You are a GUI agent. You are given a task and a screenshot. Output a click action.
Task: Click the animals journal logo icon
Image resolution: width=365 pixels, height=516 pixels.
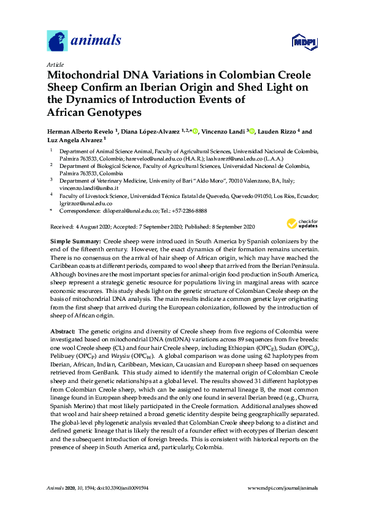(57, 41)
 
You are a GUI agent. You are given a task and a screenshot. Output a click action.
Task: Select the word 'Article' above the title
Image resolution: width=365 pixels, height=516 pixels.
(55, 64)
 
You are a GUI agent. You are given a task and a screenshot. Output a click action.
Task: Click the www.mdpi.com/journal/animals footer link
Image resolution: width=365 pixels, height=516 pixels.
(282, 488)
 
